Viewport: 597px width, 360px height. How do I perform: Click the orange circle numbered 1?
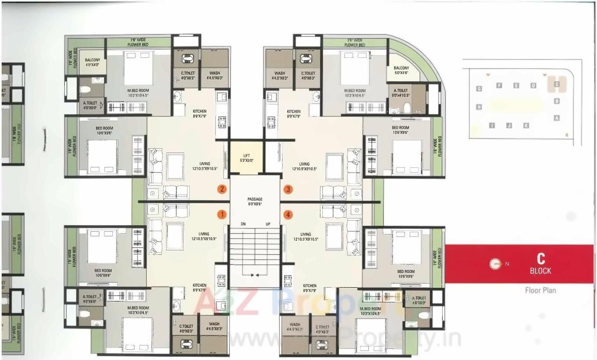(x=222, y=215)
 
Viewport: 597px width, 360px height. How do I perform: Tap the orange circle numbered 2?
(x=222, y=189)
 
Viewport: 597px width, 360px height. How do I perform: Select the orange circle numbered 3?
(x=288, y=189)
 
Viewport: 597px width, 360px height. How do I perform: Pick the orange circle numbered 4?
(x=288, y=215)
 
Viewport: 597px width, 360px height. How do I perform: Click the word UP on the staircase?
(x=268, y=224)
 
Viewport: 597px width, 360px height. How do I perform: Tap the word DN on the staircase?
(x=243, y=224)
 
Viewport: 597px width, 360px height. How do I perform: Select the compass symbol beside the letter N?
(x=495, y=264)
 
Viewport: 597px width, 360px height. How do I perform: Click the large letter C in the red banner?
(x=541, y=259)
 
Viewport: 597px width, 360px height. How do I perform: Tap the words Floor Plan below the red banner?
(x=540, y=290)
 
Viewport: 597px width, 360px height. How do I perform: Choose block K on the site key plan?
(x=526, y=125)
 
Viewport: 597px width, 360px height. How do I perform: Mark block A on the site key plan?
(x=556, y=118)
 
